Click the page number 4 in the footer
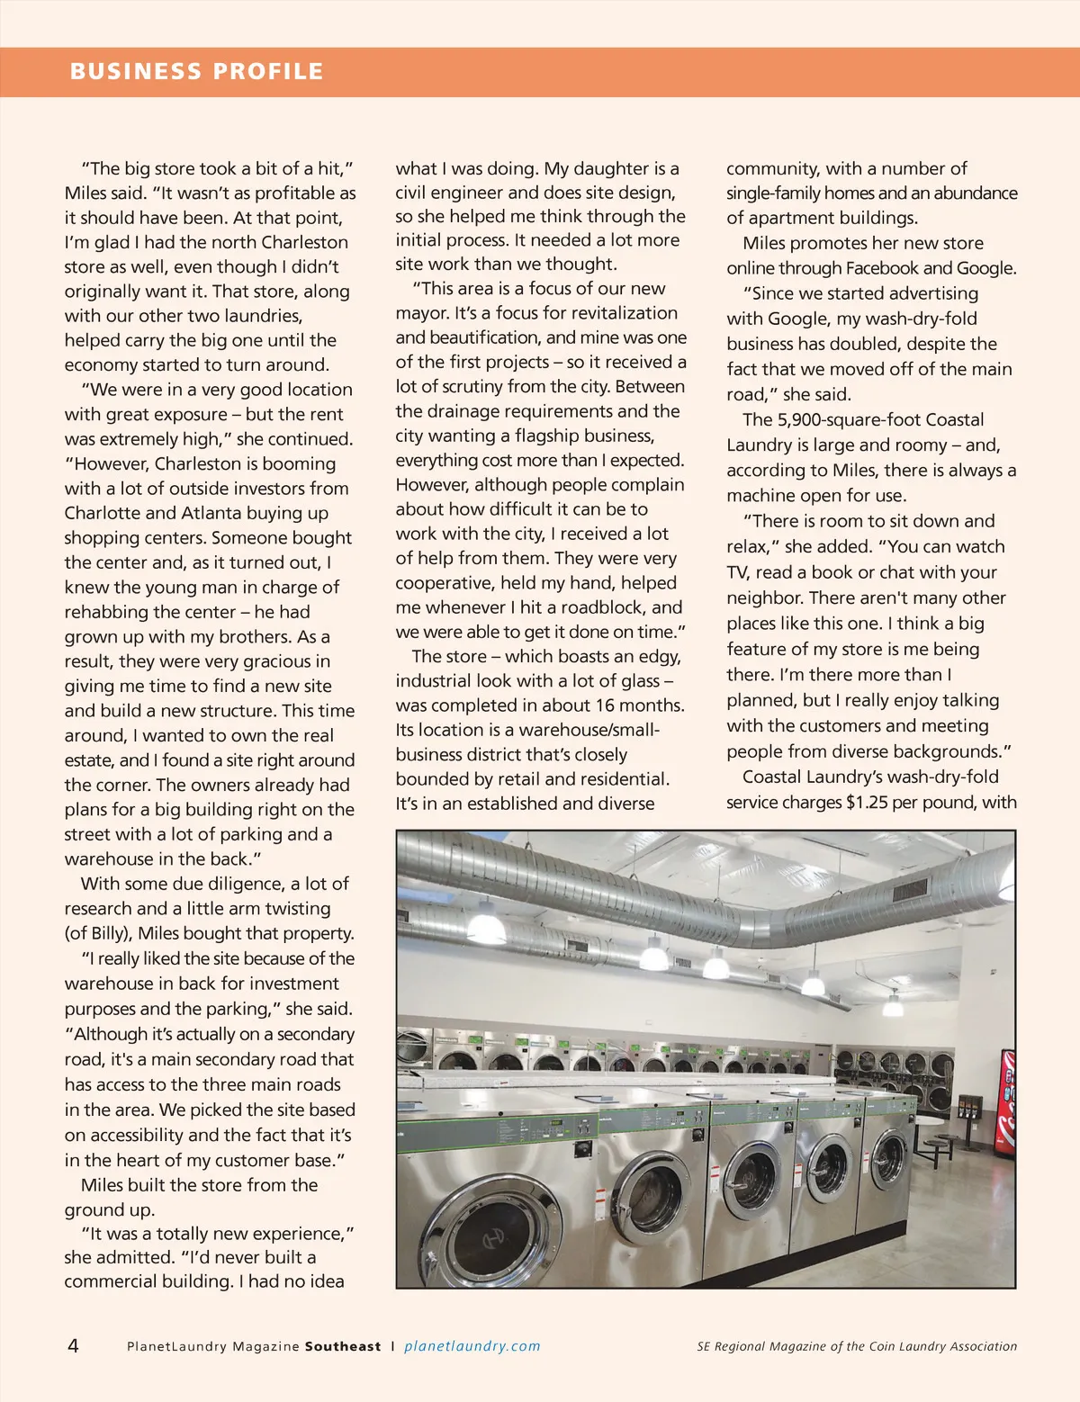[73, 1345]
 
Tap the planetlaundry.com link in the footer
[472, 1346]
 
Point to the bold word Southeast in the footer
[343, 1346]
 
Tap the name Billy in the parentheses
[105, 933]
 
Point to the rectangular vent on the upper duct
[909, 891]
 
